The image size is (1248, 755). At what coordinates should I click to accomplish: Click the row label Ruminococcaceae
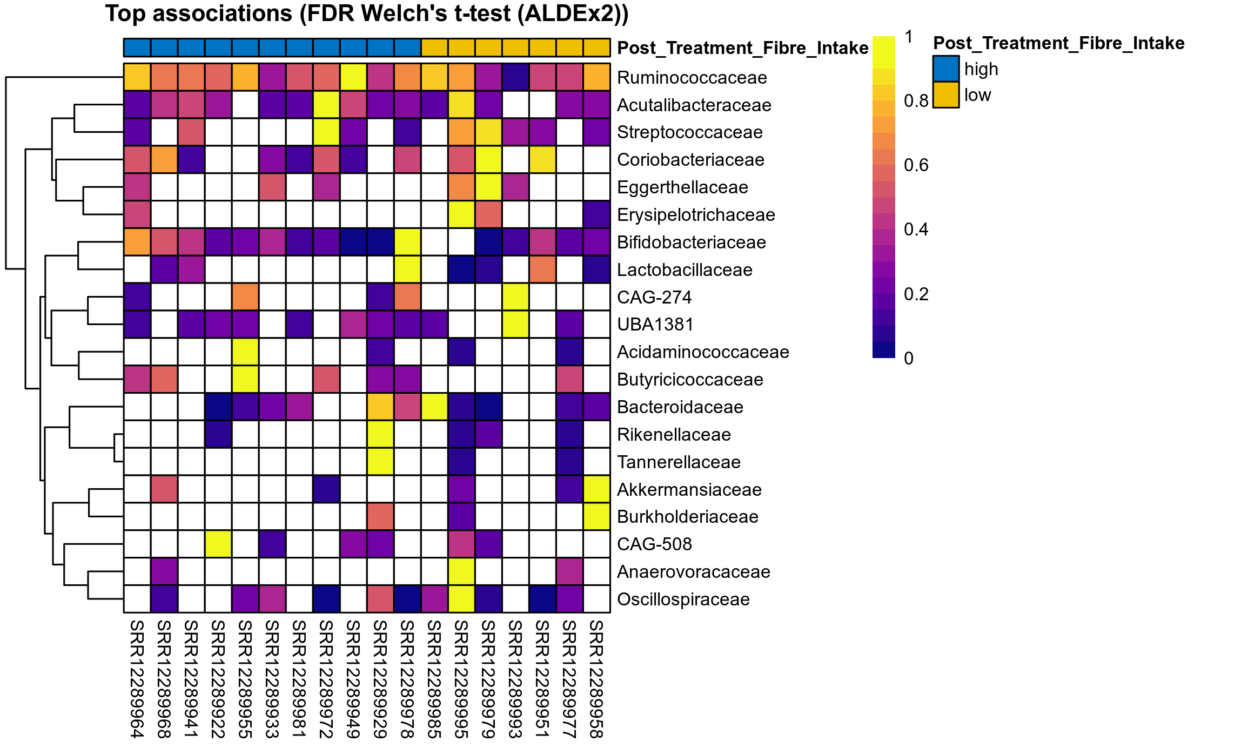point(692,78)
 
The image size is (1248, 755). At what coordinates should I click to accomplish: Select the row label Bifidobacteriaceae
point(691,242)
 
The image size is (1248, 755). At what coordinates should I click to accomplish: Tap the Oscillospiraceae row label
point(683,599)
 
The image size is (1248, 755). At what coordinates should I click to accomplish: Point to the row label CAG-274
point(654,298)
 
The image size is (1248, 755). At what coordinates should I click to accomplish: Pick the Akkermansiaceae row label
point(689,490)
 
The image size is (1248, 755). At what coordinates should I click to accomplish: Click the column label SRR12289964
point(137,679)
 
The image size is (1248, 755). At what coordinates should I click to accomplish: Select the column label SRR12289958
point(596,679)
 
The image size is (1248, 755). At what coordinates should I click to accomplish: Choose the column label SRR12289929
point(380,679)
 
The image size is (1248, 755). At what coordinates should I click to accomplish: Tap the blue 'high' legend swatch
point(945,69)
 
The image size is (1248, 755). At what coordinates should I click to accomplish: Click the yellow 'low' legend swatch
point(945,95)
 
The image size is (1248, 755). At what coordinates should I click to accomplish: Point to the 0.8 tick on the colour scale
point(916,101)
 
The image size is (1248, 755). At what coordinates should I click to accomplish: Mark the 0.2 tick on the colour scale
point(916,294)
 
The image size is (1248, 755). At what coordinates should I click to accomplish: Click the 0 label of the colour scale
point(909,359)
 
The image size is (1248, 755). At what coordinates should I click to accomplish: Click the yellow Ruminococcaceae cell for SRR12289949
point(353,77)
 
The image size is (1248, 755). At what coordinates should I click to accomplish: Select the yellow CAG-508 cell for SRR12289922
point(218,544)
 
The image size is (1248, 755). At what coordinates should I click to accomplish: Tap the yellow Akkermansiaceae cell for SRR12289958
point(596,489)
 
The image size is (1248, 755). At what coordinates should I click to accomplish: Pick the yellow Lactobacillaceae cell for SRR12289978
point(407,269)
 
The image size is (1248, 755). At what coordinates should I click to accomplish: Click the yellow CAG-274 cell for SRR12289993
point(515,297)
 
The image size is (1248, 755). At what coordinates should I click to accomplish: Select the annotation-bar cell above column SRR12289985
point(434,48)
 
